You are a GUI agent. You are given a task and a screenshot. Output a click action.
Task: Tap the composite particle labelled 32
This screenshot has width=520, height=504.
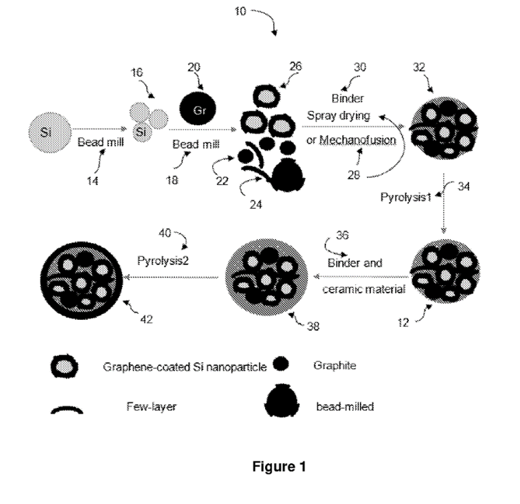(445, 129)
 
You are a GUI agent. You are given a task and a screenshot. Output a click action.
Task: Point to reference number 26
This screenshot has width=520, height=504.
(296, 66)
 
